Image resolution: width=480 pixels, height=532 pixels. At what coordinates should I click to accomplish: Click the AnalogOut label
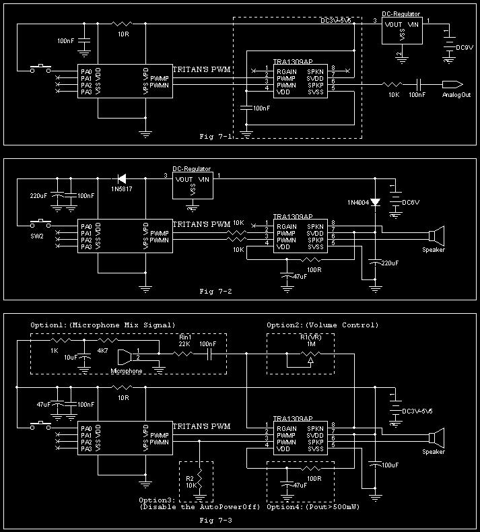(x=456, y=95)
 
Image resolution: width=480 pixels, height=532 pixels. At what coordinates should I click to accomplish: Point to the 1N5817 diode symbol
(x=122, y=178)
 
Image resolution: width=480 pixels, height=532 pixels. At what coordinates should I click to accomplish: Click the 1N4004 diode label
(x=359, y=203)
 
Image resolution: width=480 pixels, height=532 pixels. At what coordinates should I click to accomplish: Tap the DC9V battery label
(x=465, y=48)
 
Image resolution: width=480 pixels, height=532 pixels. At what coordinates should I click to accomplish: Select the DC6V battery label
(x=411, y=202)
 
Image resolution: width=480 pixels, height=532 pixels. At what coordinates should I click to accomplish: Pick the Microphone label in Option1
(x=126, y=371)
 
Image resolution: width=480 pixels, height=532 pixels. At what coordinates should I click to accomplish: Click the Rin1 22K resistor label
(x=184, y=341)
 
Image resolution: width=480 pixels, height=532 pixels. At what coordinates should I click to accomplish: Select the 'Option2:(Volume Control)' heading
(x=322, y=325)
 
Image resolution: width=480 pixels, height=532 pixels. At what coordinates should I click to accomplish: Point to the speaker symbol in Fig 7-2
(x=437, y=236)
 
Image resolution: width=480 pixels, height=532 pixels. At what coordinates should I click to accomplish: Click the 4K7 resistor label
(x=102, y=350)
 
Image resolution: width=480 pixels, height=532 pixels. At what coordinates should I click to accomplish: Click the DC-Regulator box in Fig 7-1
(x=401, y=30)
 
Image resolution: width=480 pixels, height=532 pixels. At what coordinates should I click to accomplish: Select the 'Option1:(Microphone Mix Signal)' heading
(x=102, y=325)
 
